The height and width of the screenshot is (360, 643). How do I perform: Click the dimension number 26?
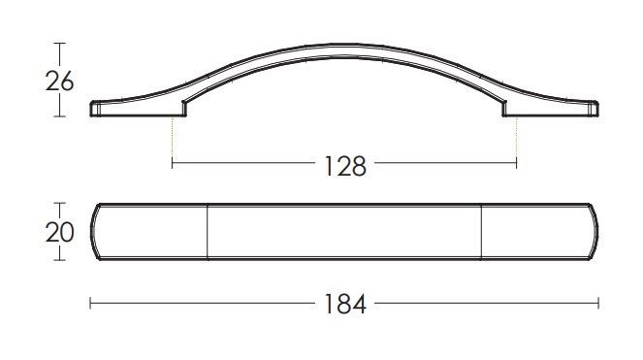tap(59, 82)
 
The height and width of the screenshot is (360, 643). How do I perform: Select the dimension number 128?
tap(345, 166)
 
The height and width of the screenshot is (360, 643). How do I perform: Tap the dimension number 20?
tap(59, 232)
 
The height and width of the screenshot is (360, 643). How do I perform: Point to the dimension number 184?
tap(345, 305)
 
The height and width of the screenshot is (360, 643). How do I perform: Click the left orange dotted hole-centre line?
tap(173, 138)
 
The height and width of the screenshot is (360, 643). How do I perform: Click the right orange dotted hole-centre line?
tap(517, 138)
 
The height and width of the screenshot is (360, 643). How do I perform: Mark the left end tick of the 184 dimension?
tap(90, 304)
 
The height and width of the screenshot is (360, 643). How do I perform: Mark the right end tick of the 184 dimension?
tap(598, 304)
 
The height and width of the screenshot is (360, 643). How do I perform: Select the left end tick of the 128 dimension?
tap(173, 163)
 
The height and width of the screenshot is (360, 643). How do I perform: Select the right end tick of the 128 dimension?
tap(517, 163)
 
